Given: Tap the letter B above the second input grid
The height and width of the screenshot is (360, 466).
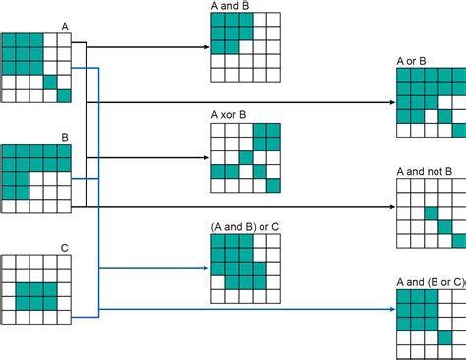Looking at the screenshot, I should pos(65,137).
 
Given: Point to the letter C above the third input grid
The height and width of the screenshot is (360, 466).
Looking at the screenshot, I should pos(65,249).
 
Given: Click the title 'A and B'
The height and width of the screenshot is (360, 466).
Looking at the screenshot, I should pos(229,6).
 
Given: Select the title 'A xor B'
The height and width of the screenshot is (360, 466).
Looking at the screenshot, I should pos(228,115).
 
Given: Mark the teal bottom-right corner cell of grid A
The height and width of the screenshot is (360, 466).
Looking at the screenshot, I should pos(65,95).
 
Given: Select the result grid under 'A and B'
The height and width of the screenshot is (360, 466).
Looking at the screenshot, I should pos(245,46).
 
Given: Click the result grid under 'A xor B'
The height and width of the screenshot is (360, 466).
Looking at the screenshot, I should pos(245,156).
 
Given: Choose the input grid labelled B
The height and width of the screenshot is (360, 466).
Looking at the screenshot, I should pos(36,178).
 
